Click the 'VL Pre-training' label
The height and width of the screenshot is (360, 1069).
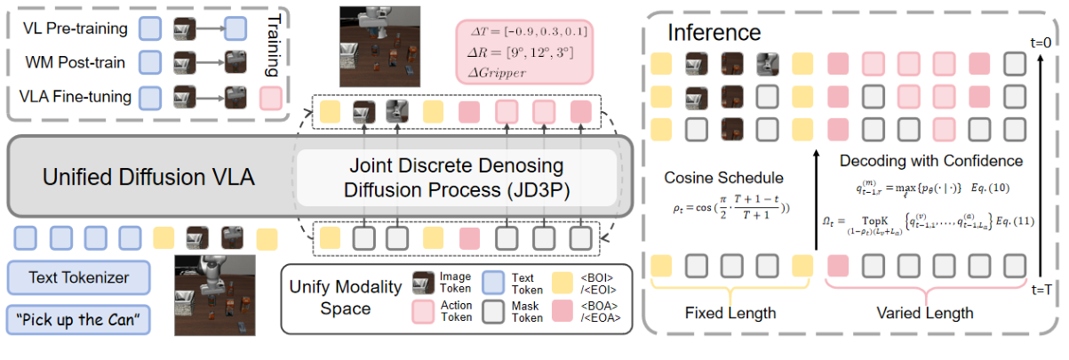click(75, 28)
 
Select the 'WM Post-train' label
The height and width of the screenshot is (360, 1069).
click(75, 62)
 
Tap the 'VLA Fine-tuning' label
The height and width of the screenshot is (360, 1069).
click(75, 96)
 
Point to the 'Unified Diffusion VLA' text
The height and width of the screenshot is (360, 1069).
click(148, 177)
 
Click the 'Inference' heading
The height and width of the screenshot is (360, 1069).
click(714, 33)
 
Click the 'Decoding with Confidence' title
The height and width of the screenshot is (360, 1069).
click(930, 161)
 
